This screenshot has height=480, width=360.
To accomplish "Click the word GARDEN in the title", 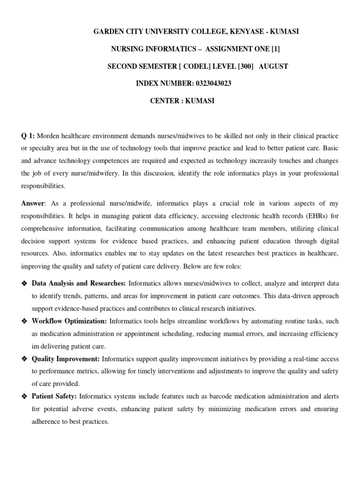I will [x=108, y=31].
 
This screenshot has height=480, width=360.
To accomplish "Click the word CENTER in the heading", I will [x=165, y=101].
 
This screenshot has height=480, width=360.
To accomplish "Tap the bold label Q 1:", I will [x=27, y=136].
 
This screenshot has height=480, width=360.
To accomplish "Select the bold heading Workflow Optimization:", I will [x=69, y=321].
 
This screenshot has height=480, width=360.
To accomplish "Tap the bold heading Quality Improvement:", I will [x=66, y=359].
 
